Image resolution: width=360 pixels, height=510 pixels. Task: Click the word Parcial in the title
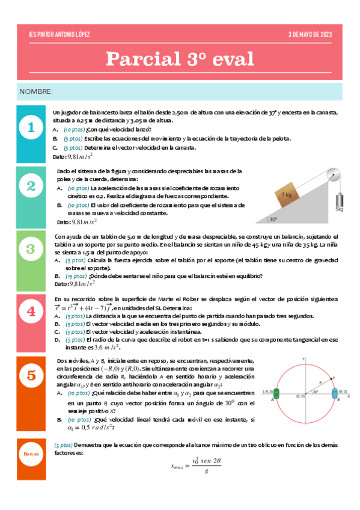coord(139,59)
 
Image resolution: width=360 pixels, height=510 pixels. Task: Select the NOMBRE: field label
coord(36,91)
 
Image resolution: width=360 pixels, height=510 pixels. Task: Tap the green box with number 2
coord(31,186)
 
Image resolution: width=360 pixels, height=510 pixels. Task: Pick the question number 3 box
coord(31,248)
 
